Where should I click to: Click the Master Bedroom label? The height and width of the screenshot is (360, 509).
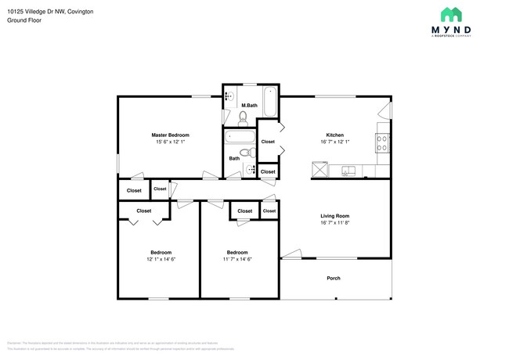click(170, 135)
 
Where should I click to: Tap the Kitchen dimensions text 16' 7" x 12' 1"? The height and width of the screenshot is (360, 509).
click(334, 142)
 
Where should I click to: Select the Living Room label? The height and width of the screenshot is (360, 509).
click(334, 216)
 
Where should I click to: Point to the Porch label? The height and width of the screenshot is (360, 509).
click(334, 279)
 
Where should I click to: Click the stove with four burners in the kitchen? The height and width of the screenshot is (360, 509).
click(383, 143)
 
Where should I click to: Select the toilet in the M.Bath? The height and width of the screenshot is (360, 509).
click(243, 118)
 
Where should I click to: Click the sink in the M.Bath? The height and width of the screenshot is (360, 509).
click(229, 96)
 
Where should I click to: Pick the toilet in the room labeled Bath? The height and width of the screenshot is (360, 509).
click(245, 153)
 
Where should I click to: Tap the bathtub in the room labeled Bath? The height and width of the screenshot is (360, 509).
click(236, 139)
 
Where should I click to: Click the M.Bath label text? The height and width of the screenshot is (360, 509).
click(250, 105)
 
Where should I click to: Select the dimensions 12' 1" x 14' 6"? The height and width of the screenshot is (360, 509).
click(161, 259)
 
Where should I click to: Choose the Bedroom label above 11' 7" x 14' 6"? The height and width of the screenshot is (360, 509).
click(237, 252)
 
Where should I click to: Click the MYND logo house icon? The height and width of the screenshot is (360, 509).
click(451, 14)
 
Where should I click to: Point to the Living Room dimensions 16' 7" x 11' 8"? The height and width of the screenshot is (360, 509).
click(334, 223)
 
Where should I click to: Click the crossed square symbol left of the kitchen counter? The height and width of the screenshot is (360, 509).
click(319, 169)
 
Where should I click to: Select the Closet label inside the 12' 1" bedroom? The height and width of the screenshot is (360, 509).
click(144, 211)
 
